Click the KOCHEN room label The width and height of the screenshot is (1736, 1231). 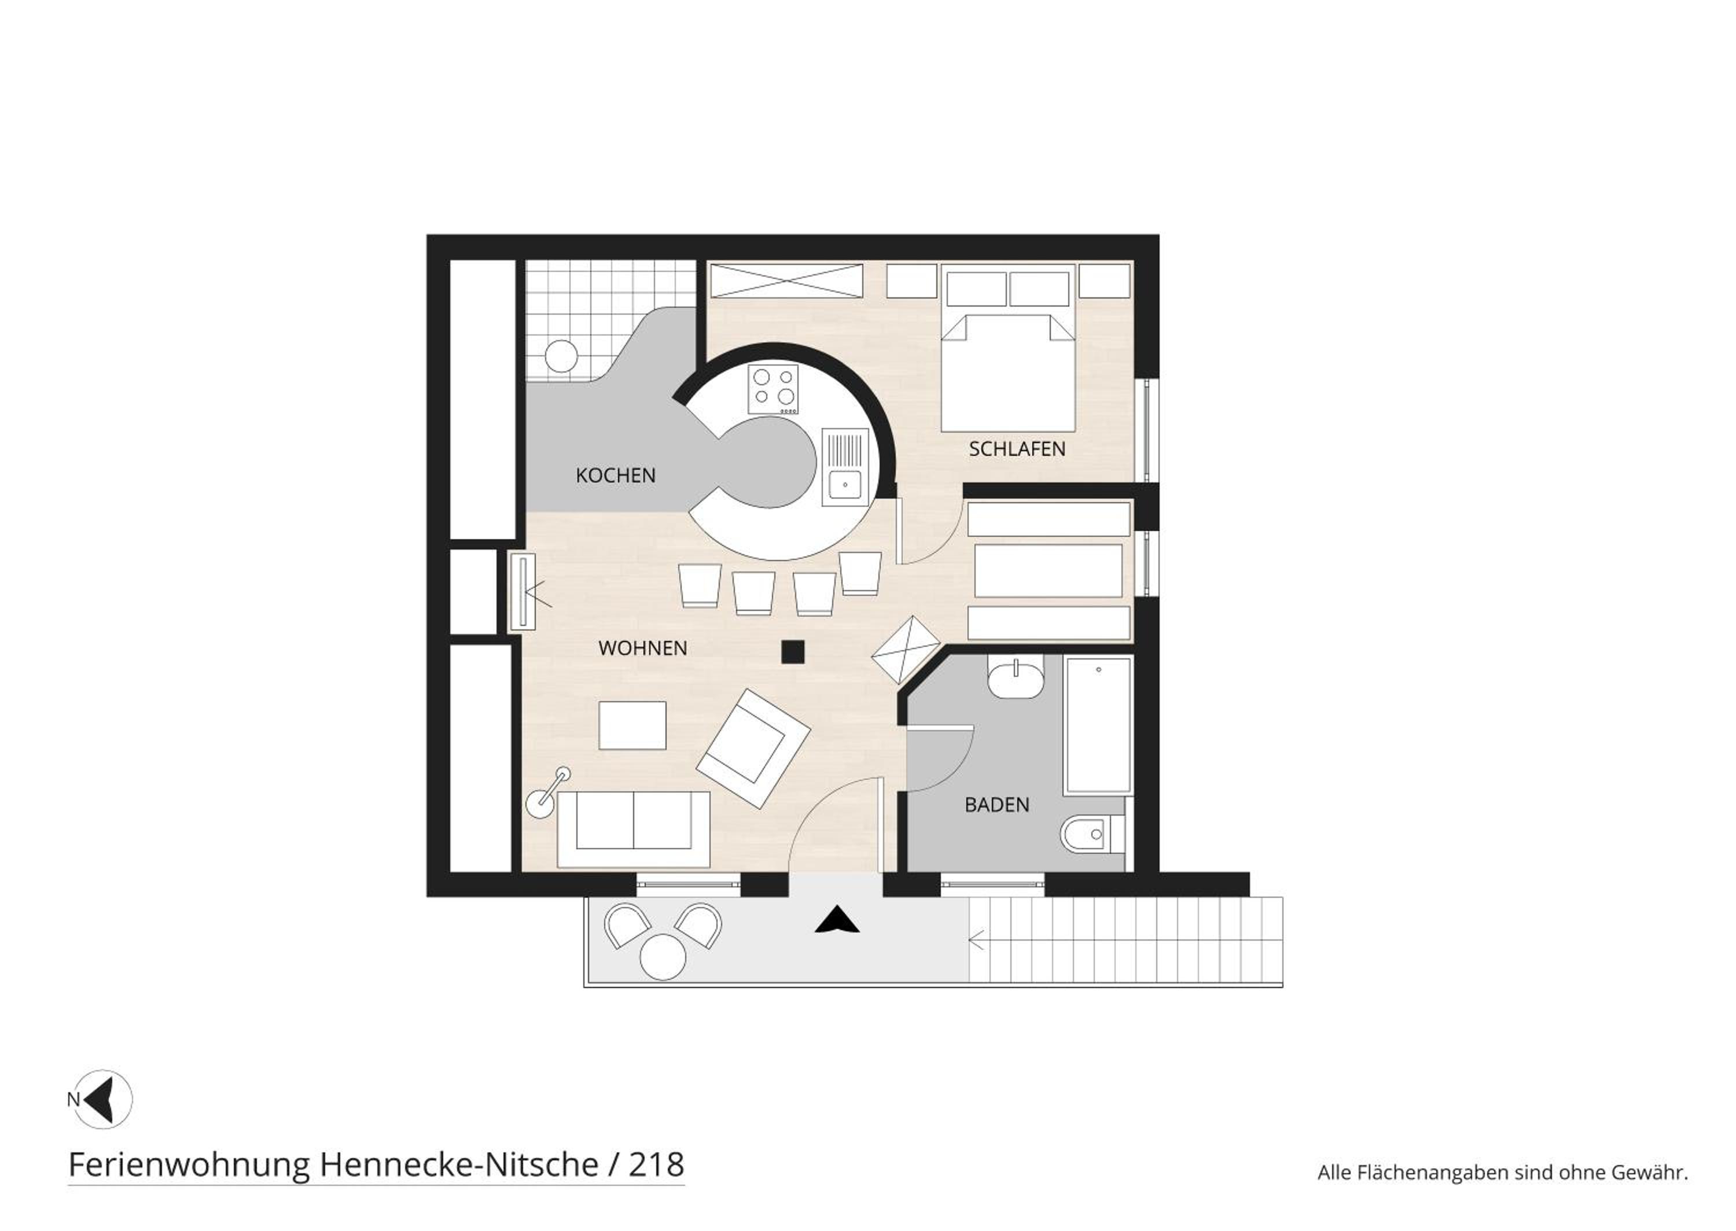click(616, 476)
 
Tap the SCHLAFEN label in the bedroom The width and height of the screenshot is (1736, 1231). click(1017, 449)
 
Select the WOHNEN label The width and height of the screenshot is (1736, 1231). click(643, 648)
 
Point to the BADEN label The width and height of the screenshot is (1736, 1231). click(997, 805)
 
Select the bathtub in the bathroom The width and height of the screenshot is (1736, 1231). click(1098, 725)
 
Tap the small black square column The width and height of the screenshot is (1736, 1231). click(793, 652)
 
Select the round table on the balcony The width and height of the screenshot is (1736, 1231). click(663, 957)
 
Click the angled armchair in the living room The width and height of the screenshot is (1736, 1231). click(753, 748)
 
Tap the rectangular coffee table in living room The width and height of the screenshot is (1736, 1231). click(632, 725)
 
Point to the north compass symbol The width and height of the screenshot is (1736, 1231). click(102, 1099)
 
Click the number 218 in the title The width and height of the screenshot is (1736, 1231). click(656, 1164)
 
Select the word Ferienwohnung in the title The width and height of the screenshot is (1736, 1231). click(190, 1165)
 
